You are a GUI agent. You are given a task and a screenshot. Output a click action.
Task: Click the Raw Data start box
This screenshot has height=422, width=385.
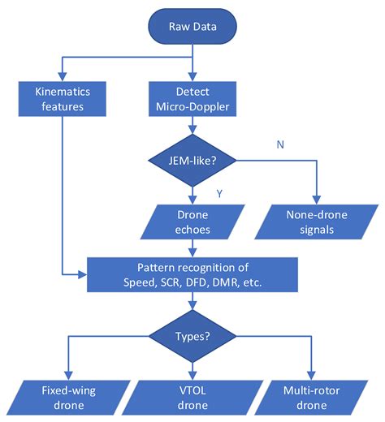pos(192,26)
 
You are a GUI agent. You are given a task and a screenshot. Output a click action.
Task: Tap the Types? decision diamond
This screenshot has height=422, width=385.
pos(192,334)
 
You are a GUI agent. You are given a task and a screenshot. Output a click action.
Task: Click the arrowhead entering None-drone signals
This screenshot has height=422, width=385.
pos(314,201)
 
